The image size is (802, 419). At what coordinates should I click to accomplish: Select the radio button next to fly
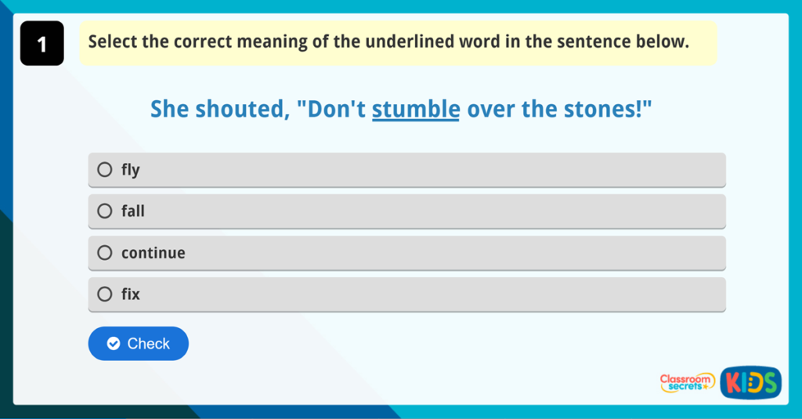[x=105, y=169]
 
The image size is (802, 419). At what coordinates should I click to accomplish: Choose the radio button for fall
[x=105, y=211]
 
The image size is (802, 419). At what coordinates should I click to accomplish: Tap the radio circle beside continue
[x=105, y=252]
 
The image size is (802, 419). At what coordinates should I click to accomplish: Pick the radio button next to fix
[x=105, y=294]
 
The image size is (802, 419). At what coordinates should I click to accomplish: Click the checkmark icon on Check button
[x=114, y=344]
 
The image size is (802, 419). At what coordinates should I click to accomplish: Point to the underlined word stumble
[x=415, y=109]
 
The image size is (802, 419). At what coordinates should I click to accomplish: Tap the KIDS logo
[x=750, y=381]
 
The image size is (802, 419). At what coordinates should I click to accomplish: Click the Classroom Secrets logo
[x=687, y=382]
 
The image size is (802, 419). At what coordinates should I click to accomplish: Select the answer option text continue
[x=154, y=253]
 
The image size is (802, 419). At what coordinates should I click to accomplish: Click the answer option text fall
[x=133, y=211]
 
